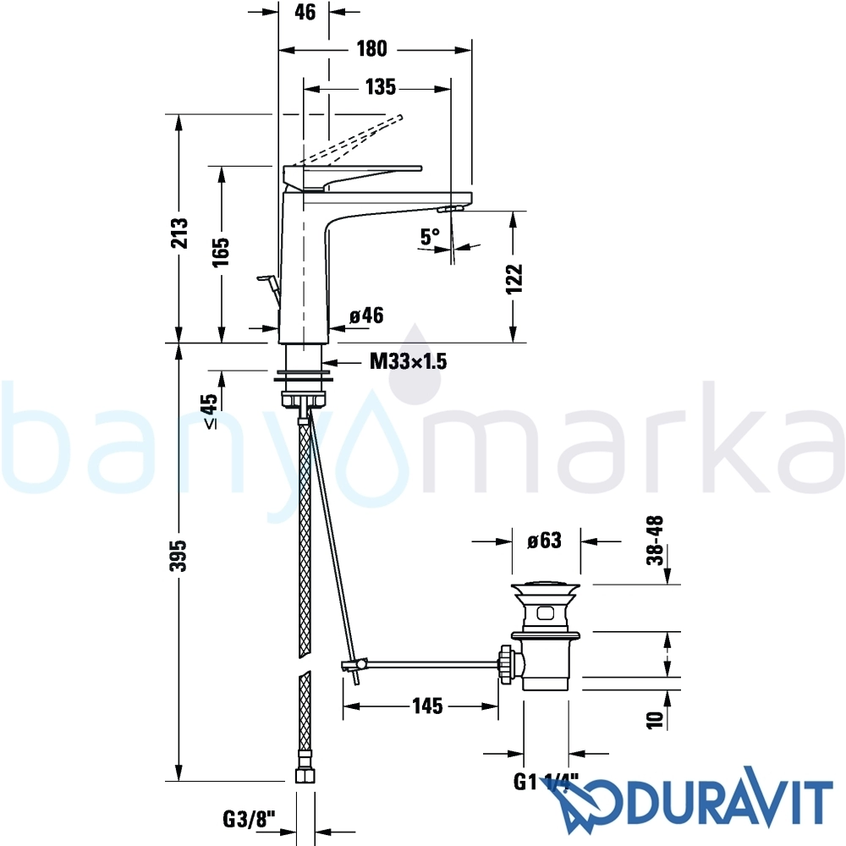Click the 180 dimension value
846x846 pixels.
tap(372, 48)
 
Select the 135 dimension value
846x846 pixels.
tap(381, 87)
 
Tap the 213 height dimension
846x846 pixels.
tap(179, 233)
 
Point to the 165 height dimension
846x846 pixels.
tap(220, 251)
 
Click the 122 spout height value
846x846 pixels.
tap(515, 278)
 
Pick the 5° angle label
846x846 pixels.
tap(430, 236)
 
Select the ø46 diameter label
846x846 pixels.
tap(366, 315)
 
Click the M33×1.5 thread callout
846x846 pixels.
tap(409, 361)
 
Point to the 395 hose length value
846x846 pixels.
tap(178, 556)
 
